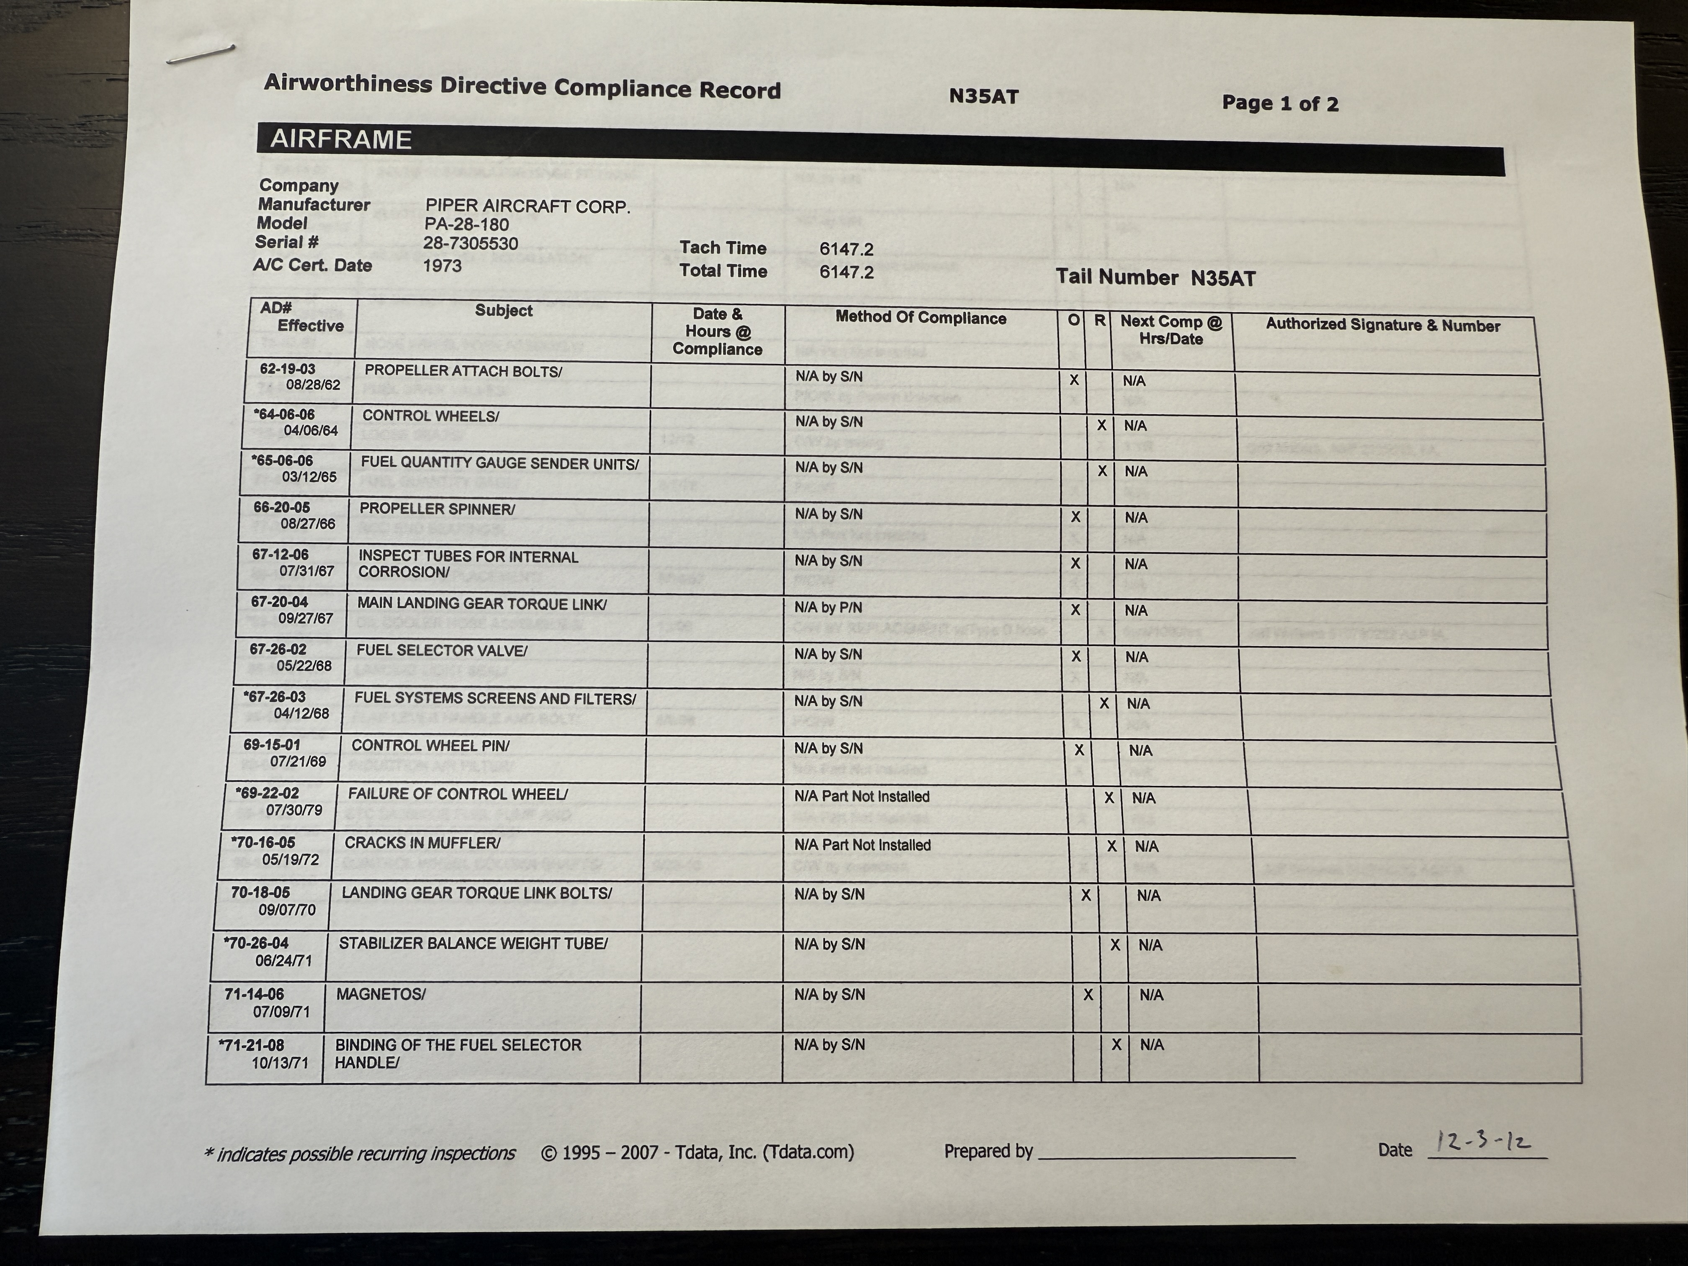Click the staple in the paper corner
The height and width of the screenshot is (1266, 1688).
(200, 54)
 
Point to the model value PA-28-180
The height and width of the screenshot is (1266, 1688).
(466, 224)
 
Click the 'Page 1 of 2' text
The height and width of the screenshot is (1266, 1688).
(1280, 103)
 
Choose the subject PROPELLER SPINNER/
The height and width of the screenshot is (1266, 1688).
(437, 508)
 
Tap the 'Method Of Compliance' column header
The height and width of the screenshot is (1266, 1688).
(920, 318)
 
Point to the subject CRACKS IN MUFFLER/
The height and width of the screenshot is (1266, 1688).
(422, 842)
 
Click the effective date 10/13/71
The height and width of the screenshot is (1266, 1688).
(280, 1062)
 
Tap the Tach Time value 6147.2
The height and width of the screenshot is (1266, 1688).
(846, 249)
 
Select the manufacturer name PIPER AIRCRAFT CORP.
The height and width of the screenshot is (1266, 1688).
(527, 206)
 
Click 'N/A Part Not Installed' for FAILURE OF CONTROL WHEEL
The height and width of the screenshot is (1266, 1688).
(862, 796)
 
